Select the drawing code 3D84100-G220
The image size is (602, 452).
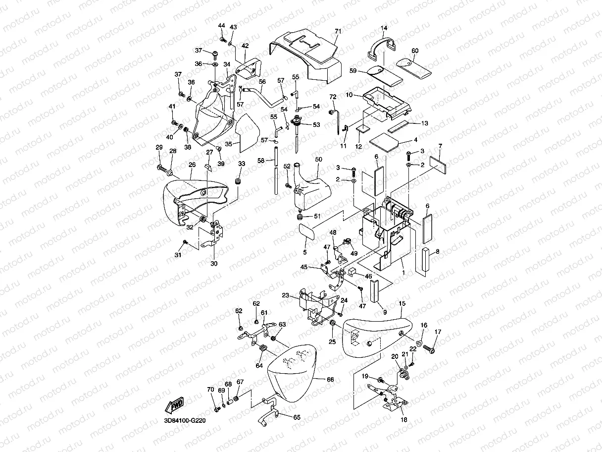pyautogui.click(x=184, y=421)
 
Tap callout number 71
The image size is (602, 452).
pyautogui.click(x=338, y=31)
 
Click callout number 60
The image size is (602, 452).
pyautogui.click(x=415, y=51)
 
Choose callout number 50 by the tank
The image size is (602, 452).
pyautogui.click(x=318, y=159)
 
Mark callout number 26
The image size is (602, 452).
pyautogui.click(x=192, y=165)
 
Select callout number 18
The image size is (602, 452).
pyautogui.click(x=404, y=419)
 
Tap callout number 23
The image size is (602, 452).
pyautogui.click(x=285, y=295)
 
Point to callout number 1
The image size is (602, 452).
pyautogui.click(x=403, y=272)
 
